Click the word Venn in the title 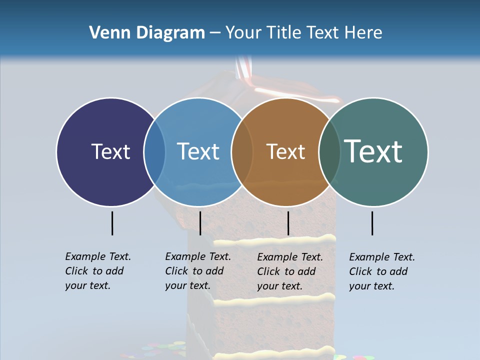tap(106, 33)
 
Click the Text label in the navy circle tap(110, 151)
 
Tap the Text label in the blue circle tap(198, 151)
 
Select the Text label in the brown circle tap(285, 151)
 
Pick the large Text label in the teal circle tap(373, 151)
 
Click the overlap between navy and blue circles tap(154, 152)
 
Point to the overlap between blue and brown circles tap(242, 152)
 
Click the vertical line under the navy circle tap(112, 223)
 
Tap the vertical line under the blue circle tap(200, 223)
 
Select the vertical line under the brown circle tap(288, 223)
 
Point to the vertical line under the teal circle tap(372, 223)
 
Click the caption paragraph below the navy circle tap(98, 271)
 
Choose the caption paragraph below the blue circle tap(198, 271)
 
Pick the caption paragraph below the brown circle tap(290, 271)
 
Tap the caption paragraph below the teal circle tap(382, 271)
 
